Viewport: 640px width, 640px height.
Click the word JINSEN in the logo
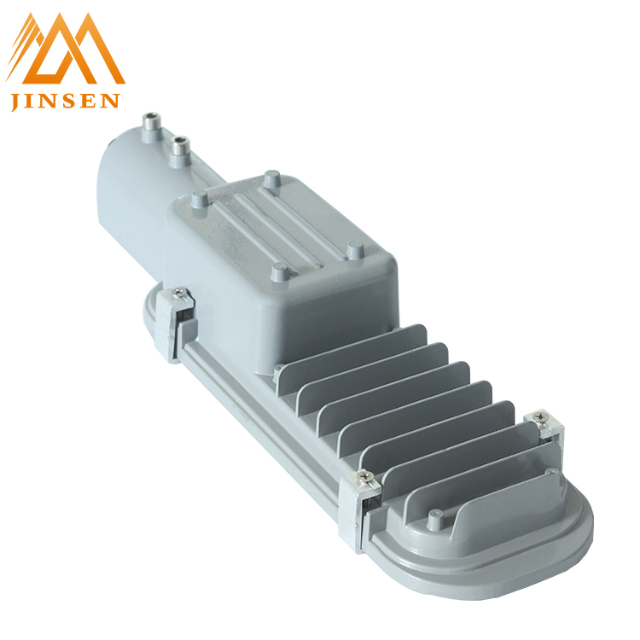(66, 101)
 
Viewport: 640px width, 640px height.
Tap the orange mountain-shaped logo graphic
(66, 48)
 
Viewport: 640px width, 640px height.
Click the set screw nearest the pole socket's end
(151, 123)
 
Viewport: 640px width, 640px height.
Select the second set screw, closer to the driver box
(180, 147)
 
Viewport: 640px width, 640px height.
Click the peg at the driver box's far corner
(272, 178)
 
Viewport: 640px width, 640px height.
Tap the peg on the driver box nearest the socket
(200, 199)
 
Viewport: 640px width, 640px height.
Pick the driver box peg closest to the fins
(280, 271)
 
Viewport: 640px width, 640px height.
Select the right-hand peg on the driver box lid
(355, 249)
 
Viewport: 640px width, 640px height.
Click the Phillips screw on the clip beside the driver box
(178, 292)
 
